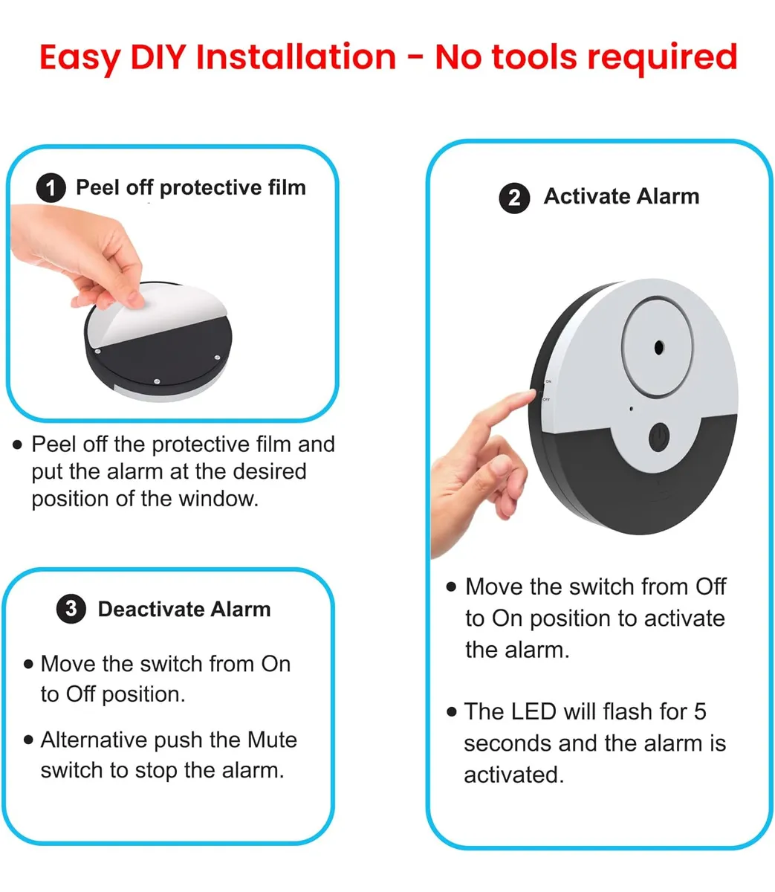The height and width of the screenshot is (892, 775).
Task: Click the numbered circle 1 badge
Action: point(51,188)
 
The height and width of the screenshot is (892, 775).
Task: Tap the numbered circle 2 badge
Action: point(514,198)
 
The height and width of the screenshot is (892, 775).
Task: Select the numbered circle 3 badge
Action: point(71,609)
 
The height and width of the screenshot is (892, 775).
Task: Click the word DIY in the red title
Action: point(158,57)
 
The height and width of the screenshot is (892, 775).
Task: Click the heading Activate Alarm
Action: point(621,196)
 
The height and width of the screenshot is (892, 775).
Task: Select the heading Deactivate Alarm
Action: point(184,609)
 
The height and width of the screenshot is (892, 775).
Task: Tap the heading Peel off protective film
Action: point(191,188)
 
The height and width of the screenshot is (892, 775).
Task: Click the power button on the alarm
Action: point(659,436)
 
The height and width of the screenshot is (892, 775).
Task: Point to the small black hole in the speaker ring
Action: point(658,347)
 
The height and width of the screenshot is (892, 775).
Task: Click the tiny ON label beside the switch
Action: point(548,381)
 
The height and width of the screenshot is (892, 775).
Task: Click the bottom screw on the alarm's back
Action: point(157,381)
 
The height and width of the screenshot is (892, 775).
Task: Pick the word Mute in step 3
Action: point(272,740)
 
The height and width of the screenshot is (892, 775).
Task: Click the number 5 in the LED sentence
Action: point(700,711)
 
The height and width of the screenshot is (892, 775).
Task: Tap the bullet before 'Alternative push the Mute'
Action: point(28,740)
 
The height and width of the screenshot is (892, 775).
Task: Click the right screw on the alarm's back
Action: point(217,358)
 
